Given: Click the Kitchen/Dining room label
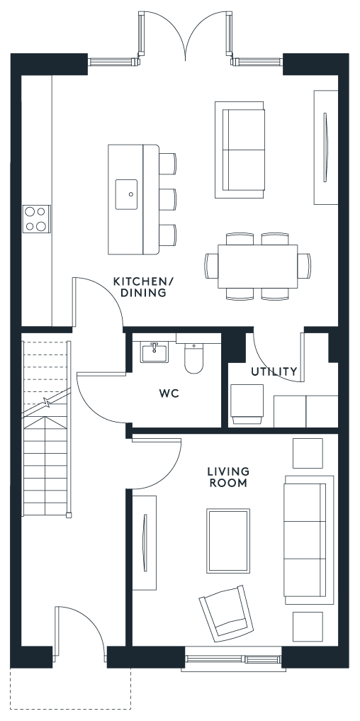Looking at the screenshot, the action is coord(140,287).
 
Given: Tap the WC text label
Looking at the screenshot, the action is coord(169,393).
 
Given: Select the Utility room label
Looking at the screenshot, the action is coord(274,371).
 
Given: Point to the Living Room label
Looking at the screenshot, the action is coord(228,477).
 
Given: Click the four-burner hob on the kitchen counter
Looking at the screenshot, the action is coord(36,219).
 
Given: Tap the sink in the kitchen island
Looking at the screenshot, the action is coord(126,194).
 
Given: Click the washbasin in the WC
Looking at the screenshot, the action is coord(154,352).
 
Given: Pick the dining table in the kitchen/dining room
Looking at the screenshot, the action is coord(257,267).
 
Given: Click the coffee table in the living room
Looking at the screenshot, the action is coord(228,541).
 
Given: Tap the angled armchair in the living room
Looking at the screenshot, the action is coord(226,613).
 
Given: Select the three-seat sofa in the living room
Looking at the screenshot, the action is coord(308,540).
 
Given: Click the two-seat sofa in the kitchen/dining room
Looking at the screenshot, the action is coord(240,150).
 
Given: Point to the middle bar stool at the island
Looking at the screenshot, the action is coord(168,199).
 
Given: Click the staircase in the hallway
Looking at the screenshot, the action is coord(47,428).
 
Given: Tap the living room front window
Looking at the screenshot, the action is coord(233,659).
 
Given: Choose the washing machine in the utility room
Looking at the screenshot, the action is coord(247,404).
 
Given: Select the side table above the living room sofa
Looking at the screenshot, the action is coord(308,454).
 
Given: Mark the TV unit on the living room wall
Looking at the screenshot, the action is coord(145,542).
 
